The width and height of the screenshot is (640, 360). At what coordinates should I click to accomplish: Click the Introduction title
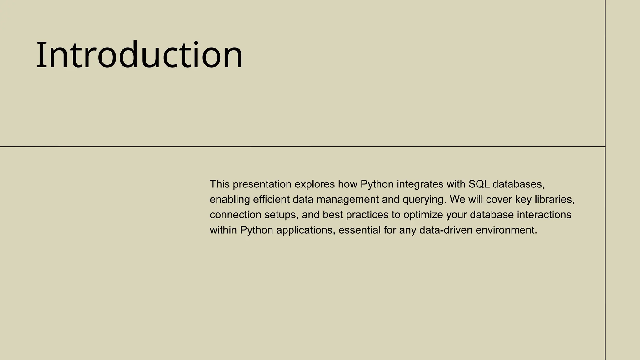point(139,55)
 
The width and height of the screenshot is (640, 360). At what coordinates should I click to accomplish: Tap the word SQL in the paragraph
point(479,184)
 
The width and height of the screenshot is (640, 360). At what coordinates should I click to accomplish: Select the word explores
point(315,184)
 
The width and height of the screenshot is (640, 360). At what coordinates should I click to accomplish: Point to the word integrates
point(420,184)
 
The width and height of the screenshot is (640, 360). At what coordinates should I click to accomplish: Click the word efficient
point(271,200)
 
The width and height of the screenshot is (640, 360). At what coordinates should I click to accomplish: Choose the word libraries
point(554,200)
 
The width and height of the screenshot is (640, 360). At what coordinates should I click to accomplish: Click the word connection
point(235,215)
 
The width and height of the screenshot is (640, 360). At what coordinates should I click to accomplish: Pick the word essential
point(359,230)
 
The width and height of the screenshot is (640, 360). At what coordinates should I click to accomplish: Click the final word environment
point(506,230)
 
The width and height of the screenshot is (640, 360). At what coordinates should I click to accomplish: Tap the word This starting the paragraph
point(220,184)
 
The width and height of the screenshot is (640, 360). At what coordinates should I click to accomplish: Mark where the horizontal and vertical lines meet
point(605,146)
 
